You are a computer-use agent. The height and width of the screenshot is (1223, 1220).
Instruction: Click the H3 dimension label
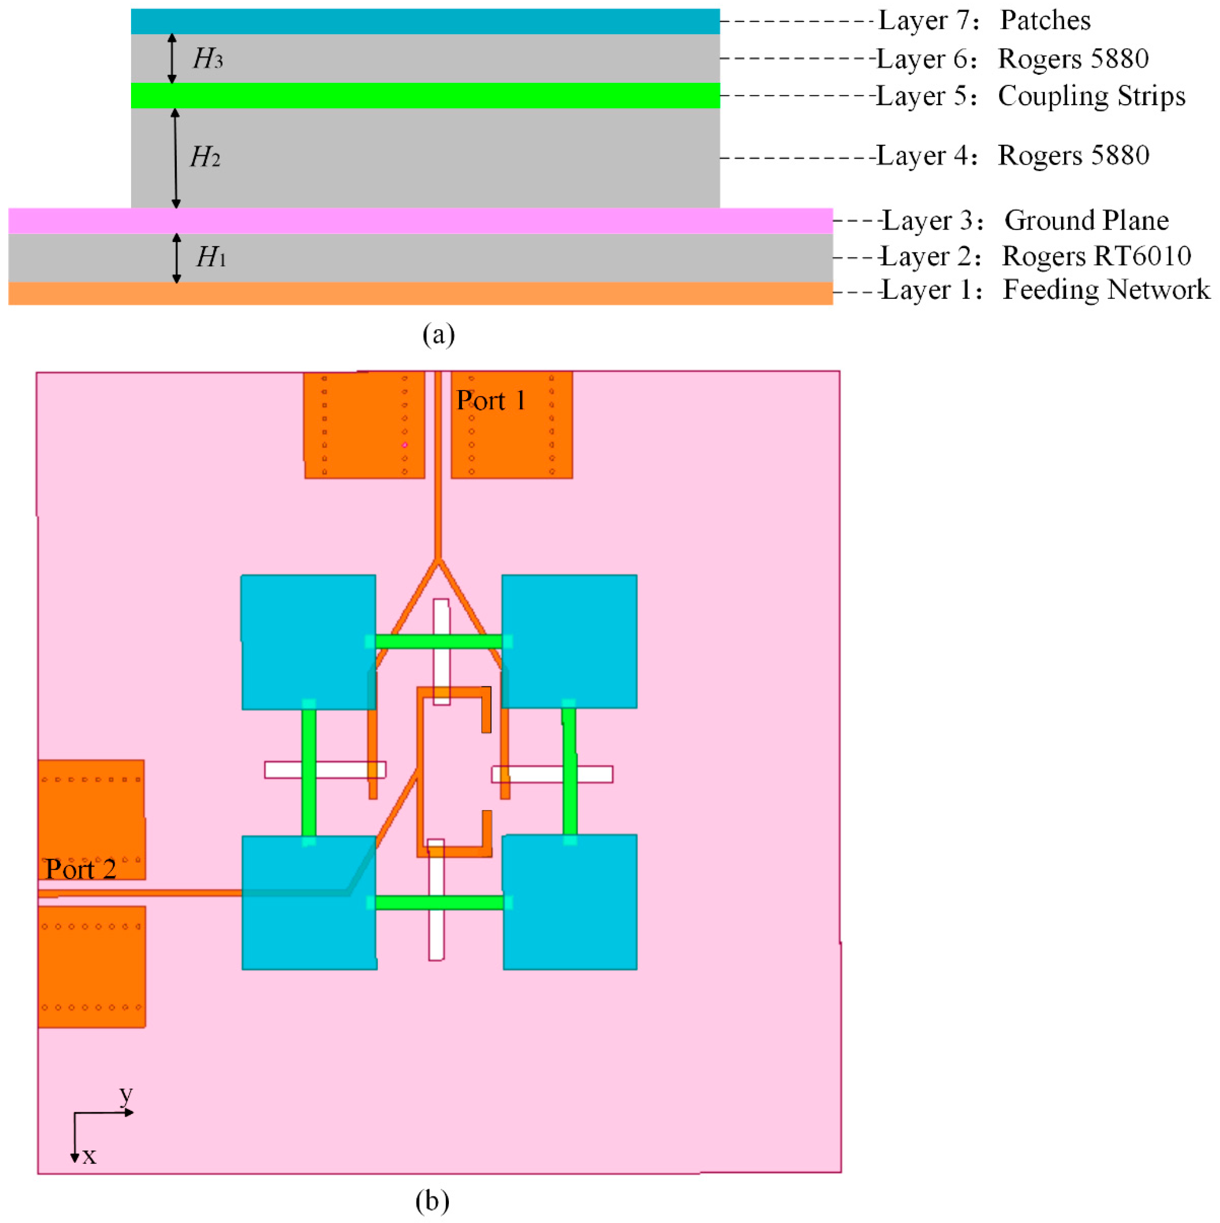pyautogui.click(x=208, y=59)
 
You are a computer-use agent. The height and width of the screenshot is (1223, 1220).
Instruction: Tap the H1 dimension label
pyautogui.click(x=210, y=257)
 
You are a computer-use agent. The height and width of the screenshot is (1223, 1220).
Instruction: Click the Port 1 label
pyautogui.click(x=491, y=401)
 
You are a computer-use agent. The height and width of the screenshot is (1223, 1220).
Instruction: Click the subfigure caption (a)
pyautogui.click(x=438, y=334)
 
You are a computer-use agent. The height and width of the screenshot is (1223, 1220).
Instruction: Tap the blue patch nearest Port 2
pyautogui.click(x=309, y=903)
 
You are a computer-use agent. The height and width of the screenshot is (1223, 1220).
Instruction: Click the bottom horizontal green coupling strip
pyautogui.click(x=440, y=903)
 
